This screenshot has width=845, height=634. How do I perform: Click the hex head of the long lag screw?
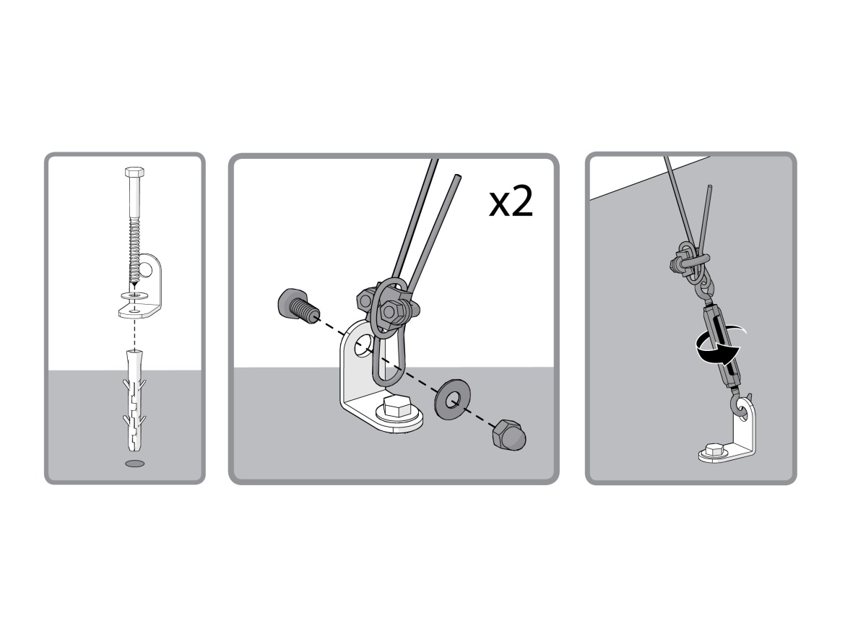click(x=134, y=173)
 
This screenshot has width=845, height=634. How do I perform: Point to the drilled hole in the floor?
click(x=135, y=464)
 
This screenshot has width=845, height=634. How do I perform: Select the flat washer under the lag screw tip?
click(x=135, y=296)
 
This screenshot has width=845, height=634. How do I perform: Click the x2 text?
click(x=511, y=202)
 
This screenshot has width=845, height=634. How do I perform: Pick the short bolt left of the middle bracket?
click(x=298, y=306)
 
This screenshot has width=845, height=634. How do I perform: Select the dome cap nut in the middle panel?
click(x=508, y=434)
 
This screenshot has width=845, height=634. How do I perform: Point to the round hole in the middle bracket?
click(x=363, y=345)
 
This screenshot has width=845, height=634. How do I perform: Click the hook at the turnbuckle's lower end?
click(x=739, y=405)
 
